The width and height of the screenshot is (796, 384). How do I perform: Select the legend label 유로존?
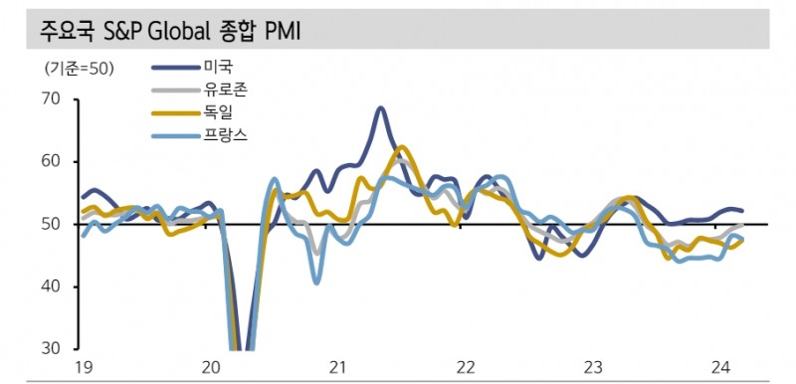pos(225,90)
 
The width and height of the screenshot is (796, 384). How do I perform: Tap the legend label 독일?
pos(218,112)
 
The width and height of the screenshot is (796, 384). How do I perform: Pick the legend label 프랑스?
pos(225,135)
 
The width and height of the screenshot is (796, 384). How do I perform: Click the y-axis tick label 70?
pos(51,99)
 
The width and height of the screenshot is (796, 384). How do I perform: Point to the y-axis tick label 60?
pos(51,162)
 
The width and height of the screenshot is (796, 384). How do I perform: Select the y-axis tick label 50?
pos(51,225)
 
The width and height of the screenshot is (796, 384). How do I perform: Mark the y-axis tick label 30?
pos(51,349)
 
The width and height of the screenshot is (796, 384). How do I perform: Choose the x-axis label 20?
pos(211,368)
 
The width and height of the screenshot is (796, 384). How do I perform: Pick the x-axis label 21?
pos(337,368)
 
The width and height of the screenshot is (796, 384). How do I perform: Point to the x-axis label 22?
pos(464,368)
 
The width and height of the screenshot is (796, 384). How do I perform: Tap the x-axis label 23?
pos(591,368)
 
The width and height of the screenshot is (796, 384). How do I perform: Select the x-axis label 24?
pos(717,368)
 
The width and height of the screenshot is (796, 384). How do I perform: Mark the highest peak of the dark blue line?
pos(380,107)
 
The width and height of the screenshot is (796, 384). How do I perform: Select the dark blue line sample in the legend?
pos(174,68)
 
